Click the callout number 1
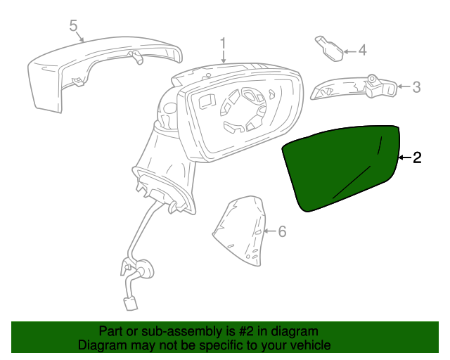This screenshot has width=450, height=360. [x=224, y=44]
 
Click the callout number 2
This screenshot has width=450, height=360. [x=417, y=158]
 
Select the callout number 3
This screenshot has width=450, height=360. [x=416, y=87]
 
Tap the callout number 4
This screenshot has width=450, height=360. [x=362, y=50]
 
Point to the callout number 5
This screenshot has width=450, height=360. [x=73, y=26]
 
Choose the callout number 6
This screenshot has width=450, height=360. [x=283, y=231]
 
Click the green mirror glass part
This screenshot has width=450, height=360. [x=341, y=167]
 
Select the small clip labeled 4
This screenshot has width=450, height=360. [x=328, y=46]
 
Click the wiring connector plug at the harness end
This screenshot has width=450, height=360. [x=131, y=302]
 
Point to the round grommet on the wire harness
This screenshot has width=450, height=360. [x=146, y=269]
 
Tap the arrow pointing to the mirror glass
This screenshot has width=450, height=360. [x=404, y=158]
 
